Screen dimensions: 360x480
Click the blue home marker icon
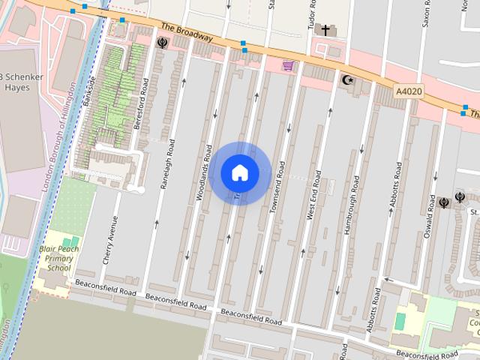239,172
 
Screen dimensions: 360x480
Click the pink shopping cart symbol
287,66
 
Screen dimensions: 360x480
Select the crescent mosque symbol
346,79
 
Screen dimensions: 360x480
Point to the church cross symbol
325,31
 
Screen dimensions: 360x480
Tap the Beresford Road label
139,113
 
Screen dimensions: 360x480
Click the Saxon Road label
426,13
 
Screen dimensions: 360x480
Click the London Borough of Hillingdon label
57,151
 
